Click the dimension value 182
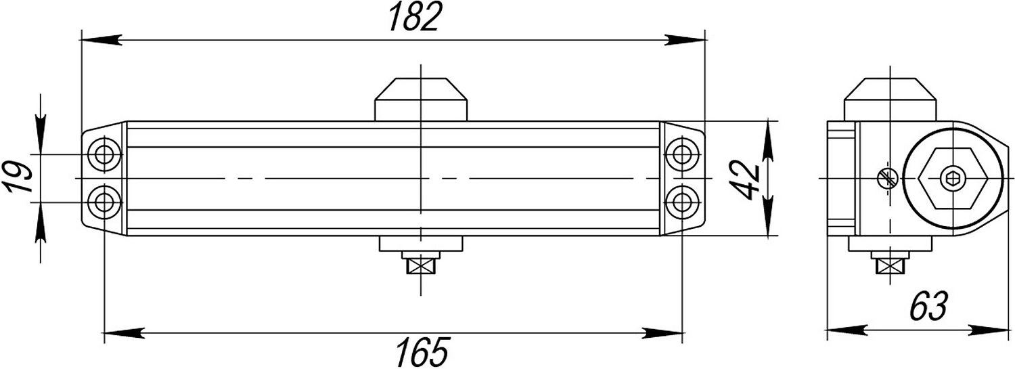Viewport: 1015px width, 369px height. pos(415,17)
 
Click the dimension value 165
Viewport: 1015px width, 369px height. pos(422,351)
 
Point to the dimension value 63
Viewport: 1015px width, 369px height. pos(929,306)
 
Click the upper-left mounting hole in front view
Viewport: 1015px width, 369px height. pos(105,154)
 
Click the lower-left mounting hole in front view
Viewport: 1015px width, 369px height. pos(105,202)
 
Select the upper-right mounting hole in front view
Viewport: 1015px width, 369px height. pos(682,154)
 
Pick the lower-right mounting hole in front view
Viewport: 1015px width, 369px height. pos(682,202)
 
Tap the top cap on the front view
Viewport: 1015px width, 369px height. pos(421,100)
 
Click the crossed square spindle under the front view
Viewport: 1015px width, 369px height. pos(421,266)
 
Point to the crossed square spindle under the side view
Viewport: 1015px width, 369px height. pos(890,266)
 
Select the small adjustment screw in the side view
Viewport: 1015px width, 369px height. pos(886,178)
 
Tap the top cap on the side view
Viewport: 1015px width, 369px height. pos(890,100)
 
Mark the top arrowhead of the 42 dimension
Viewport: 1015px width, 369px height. pos(769,142)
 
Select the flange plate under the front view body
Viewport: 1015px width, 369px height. pos(421,244)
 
